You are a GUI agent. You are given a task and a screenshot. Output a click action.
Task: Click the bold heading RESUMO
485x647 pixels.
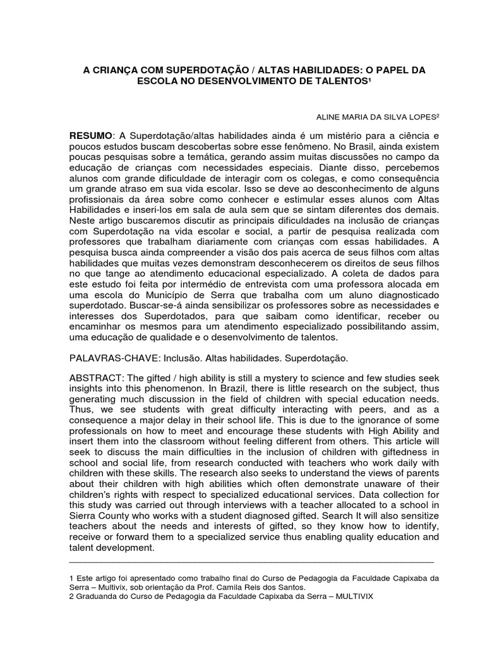(90, 136)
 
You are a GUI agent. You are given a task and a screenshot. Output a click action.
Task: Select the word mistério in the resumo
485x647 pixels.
(332, 136)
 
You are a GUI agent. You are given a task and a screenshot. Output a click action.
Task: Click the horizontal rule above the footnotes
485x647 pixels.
(251, 561)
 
